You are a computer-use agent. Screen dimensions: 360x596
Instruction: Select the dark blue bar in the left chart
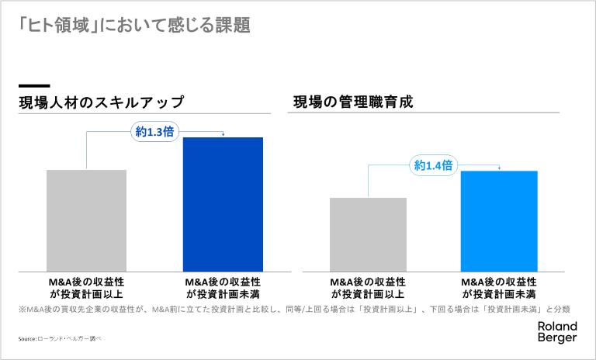pyautogui.click(x=223, y=203)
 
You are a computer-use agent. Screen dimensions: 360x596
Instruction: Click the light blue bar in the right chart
pyautogui.click(x=499, y=220)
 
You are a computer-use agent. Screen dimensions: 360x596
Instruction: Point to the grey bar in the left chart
pyautogui.click(x=86, y=220)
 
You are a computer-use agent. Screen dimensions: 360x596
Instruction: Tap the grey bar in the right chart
pyautogui.click(x=368, y=234)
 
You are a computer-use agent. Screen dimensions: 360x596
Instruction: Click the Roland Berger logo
pyautogui.click(x=557, y=332)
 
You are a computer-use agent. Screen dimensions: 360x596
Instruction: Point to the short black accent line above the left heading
pyautogui.click(x=34, y=85)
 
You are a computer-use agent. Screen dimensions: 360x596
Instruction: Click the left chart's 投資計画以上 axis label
pyautogui.click(x=86, y=287)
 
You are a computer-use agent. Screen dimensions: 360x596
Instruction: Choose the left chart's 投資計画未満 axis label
pyautogui.click(x=223, y=287)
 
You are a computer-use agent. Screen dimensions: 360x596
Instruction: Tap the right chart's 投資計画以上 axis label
pyautogui.click(x=368, y=287)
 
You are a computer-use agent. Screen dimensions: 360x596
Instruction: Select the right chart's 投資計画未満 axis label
pyautogui.click(x=499, y=287)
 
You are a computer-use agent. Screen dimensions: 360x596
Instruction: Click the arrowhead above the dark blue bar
pyautogui.click(x=223, y=135)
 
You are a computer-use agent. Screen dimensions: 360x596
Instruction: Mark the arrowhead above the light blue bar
pyautogui.click(x=499, y=168)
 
